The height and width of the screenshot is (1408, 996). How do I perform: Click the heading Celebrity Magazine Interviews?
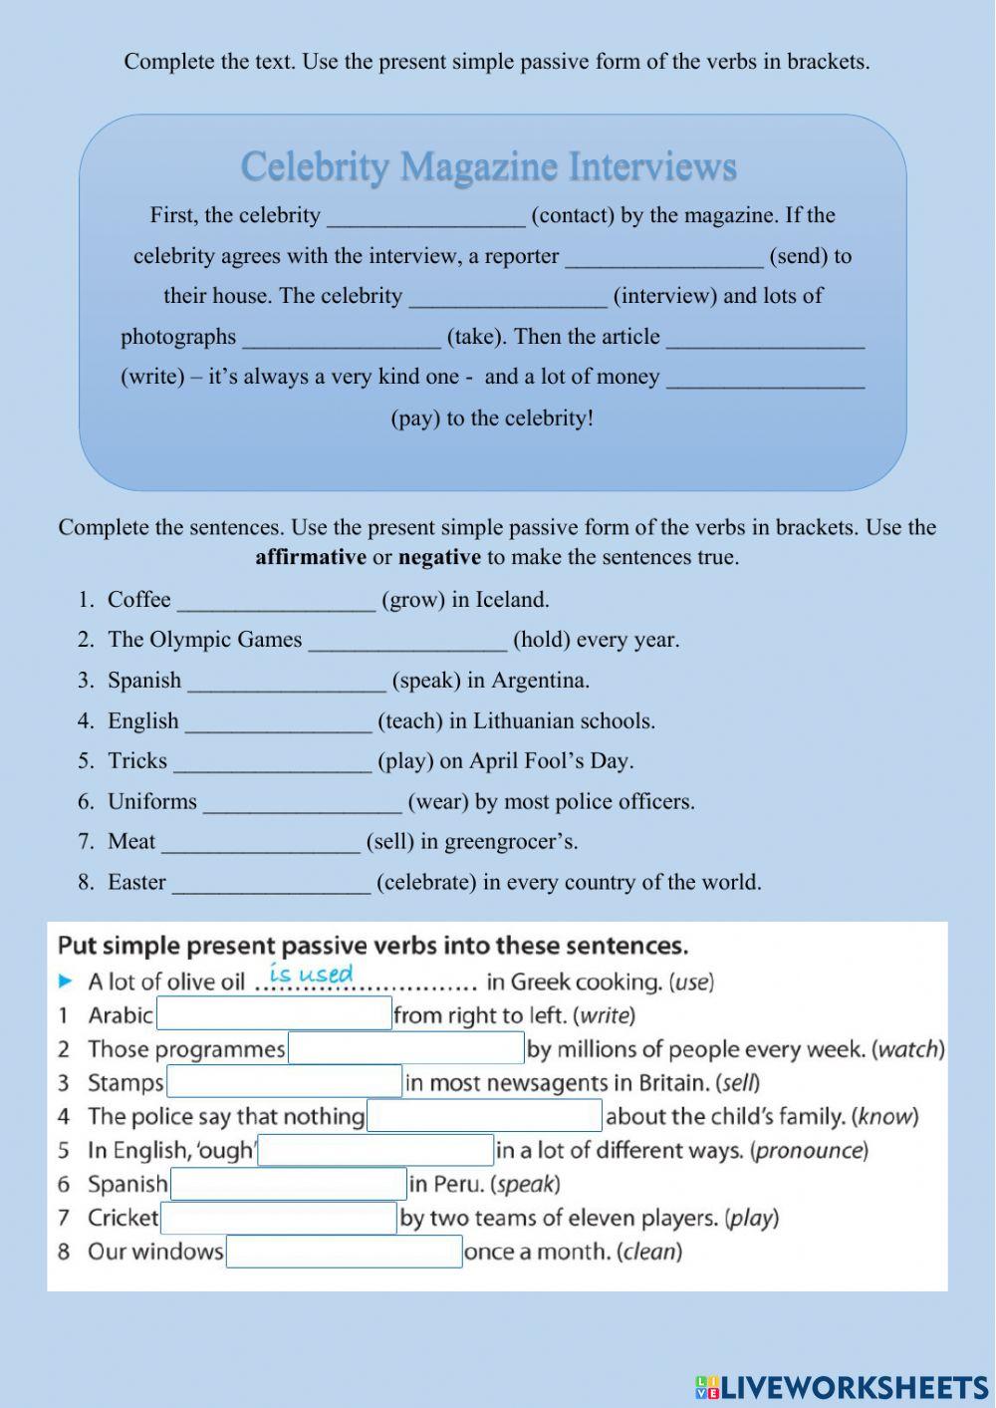pyautogui.click(x=488, y=166)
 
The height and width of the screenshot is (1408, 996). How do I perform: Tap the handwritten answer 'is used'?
pyautogui.click(x=311, y=974)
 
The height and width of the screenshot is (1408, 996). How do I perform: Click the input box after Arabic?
pyautogui.click(x=274, y=1014)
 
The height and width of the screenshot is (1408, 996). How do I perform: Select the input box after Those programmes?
pyautogui.click(x=405, y=1048)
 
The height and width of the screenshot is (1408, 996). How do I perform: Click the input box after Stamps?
pyautogui.click(x=284, y=1082)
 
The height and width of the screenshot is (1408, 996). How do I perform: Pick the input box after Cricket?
pyautogui.click(x=279, y=1218)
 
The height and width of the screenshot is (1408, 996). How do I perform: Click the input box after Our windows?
pyautogui.click(x=344, y=1252)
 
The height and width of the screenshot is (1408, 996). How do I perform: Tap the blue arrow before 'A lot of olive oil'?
pyautogui.click(x=66, y=982)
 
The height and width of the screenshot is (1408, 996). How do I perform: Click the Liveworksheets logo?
pyautogui.click(x=841, y=1387)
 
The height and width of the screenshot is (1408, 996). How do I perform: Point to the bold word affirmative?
pyautogui.click(x=311, y=557)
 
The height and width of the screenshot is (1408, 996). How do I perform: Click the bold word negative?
pyautogui.click(x=439, y=557)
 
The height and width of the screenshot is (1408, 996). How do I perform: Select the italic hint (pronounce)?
pyautogui.click(x=810, y=1150)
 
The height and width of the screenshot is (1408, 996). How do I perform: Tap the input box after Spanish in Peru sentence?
pyautogui.click(x=289, y=1184)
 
